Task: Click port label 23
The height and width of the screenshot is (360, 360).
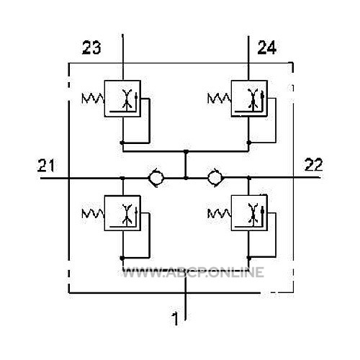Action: point(91,48)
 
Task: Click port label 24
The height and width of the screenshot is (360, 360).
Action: point(267,48)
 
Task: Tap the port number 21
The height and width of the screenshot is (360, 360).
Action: point(46,166)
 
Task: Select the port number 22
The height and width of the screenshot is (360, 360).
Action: point(313,165)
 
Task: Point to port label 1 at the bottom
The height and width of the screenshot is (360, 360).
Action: point(176,319)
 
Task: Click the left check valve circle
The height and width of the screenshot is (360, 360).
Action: point(156,178)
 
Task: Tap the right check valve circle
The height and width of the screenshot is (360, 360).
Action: point(215,178)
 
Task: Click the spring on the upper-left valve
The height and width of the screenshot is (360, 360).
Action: point(93,99)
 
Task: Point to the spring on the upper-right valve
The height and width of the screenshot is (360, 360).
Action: point(220,99)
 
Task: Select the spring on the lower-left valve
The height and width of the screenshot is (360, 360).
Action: point(93,213)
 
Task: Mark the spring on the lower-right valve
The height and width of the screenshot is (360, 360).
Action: point(220,213)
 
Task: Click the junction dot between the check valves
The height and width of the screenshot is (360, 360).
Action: point(186,178)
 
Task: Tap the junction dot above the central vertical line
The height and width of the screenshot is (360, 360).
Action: point(186,151)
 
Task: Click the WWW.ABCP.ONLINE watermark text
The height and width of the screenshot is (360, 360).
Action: point(193,272)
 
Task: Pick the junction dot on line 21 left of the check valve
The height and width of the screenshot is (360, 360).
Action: point(122,178)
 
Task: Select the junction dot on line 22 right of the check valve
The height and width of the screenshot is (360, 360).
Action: point(249,178)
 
